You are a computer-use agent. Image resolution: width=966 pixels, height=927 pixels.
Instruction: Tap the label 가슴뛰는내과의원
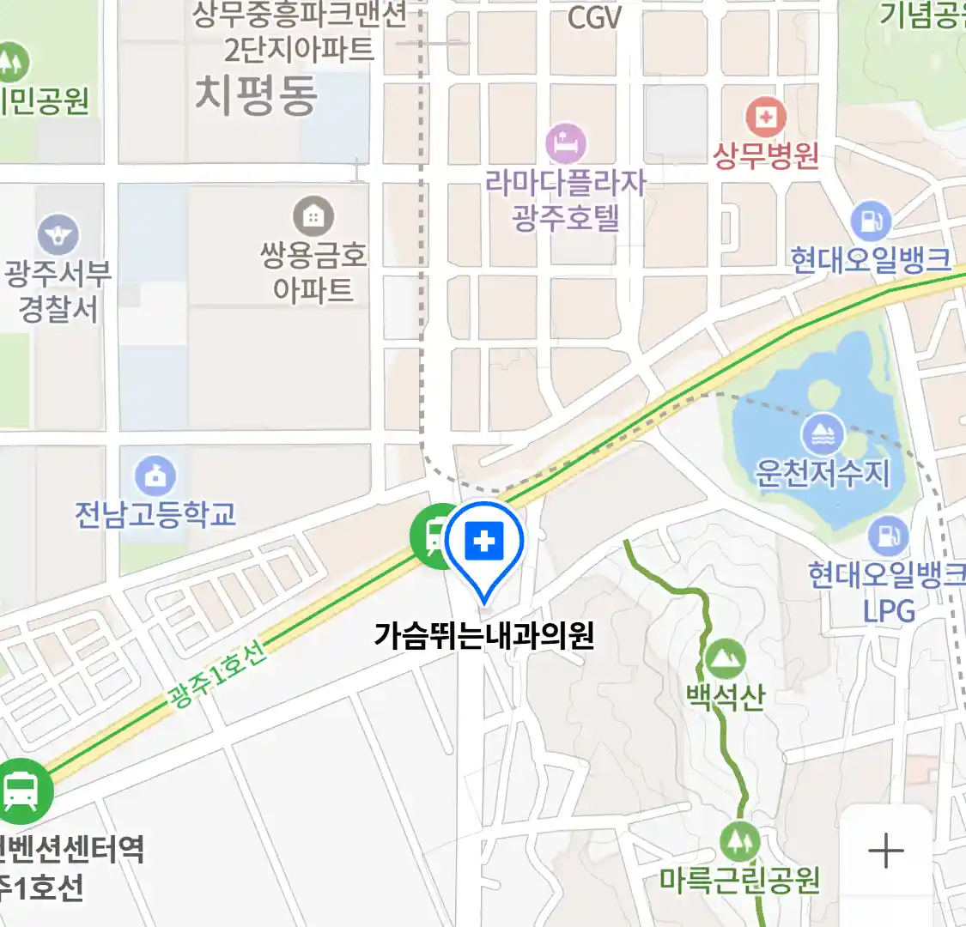(484, 636)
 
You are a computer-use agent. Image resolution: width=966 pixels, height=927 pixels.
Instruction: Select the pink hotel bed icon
(566, 143)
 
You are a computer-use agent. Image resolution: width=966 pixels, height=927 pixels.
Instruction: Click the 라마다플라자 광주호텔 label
(566, 199)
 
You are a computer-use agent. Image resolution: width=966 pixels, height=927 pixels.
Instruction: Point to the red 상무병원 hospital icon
(765, 117)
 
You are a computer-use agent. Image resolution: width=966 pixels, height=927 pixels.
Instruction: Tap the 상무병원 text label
(766, 156)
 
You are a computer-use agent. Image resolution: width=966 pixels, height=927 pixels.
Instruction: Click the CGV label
(594, 17)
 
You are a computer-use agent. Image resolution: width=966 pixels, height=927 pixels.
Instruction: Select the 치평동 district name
(256, 94)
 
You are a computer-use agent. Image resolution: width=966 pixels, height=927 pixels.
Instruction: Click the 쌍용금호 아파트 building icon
(313, 217)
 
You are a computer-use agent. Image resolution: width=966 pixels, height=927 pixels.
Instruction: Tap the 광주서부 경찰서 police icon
(58, 234)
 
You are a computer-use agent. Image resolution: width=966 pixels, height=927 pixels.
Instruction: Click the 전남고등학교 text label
(155, 514)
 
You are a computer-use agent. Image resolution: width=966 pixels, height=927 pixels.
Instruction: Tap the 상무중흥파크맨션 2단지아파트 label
(299, 32)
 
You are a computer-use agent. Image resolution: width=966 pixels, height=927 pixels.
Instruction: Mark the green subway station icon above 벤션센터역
(20, 791)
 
